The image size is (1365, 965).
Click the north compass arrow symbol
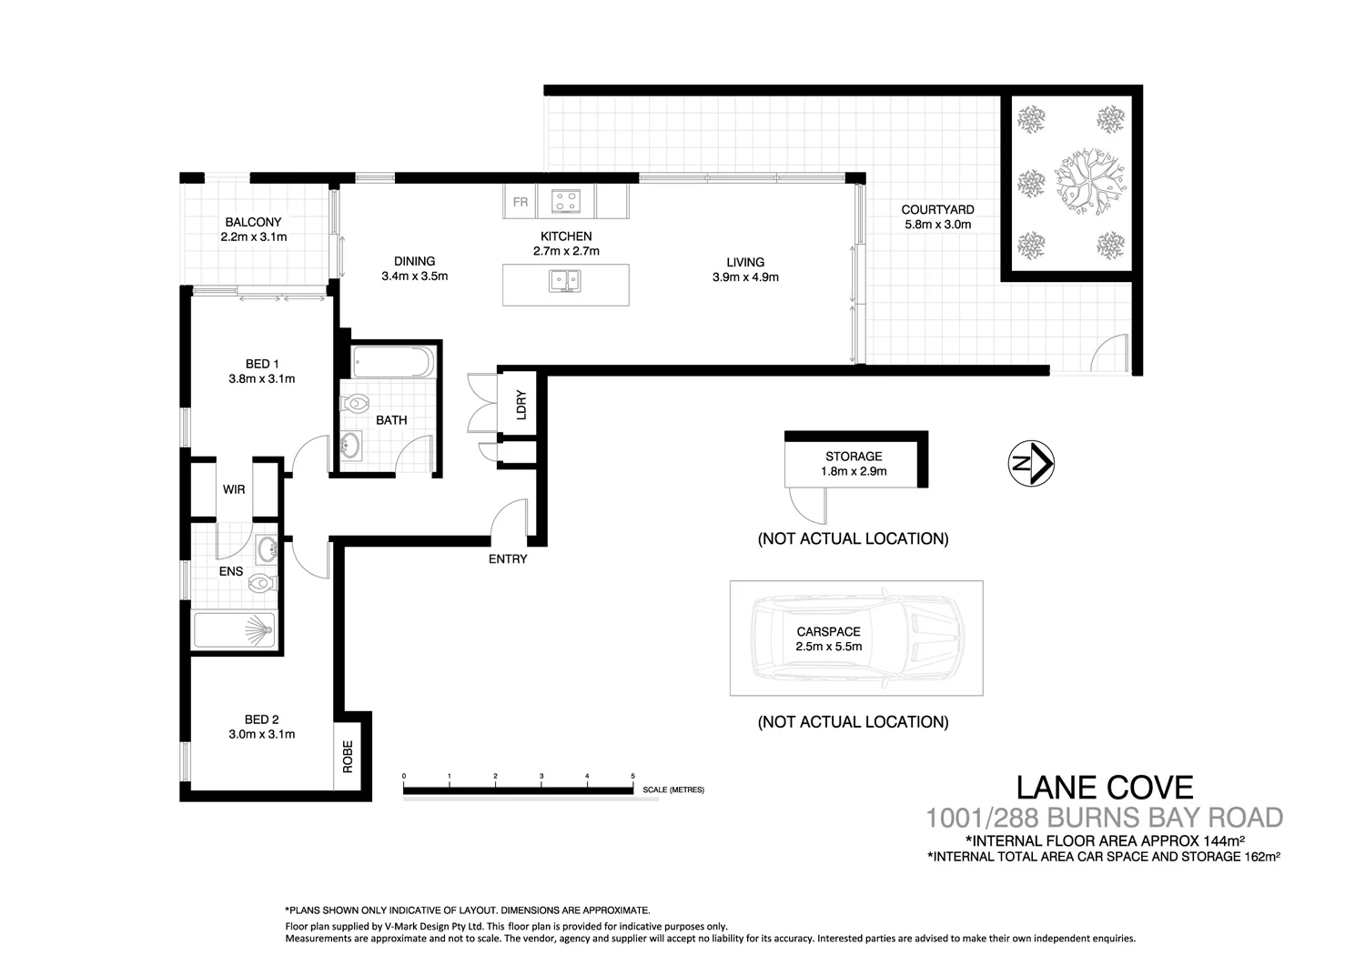(1031, 464)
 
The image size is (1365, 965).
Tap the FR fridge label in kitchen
(520, 202)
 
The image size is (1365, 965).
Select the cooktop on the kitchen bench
(565, 200)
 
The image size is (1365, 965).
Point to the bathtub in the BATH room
(393, 363)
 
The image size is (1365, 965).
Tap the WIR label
(234, 489)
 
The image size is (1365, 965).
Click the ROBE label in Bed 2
(348, 757)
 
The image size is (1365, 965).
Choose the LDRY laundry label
(521, 404)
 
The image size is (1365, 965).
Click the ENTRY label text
(508, 558)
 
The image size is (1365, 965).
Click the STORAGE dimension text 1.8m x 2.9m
(854, 471)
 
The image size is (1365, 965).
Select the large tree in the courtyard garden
(1090, 182)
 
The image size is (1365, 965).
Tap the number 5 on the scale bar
(632, 776)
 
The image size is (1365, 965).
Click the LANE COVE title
(1104, 787)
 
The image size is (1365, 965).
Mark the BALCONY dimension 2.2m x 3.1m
(253, 236)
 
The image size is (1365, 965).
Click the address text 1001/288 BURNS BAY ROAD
(1104, 818)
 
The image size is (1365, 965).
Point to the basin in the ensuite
(268, 549)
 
